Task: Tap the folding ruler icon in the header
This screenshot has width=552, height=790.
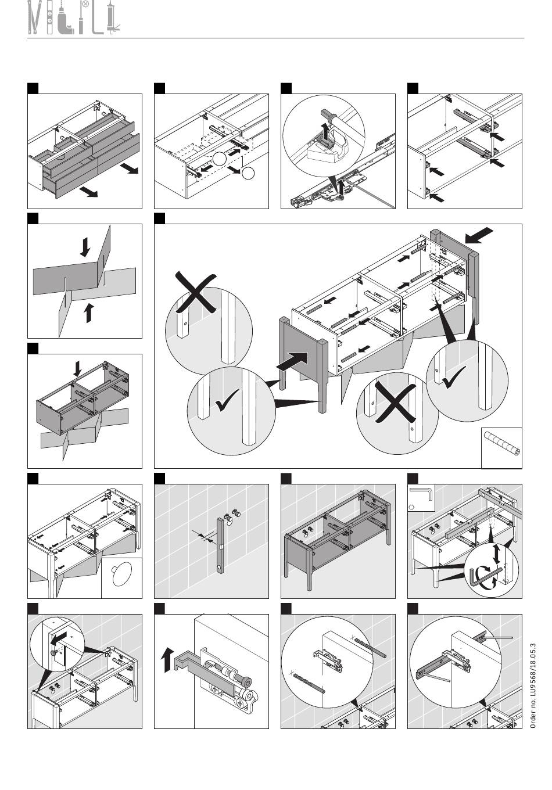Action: [x=34, y=17]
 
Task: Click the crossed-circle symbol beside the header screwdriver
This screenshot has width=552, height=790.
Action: [x=85, y=5]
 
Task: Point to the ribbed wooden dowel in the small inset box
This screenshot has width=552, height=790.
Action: [x=502, y=444]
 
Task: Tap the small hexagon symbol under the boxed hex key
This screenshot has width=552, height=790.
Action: [x=411, y=508]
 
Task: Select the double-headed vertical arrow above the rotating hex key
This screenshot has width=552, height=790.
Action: [x=497, y=554]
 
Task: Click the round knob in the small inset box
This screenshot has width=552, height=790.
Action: [x=121, y=573]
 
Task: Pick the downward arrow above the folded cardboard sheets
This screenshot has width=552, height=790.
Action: [x=85, y=247]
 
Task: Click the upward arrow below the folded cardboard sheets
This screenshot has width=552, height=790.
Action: [x=88, y=312]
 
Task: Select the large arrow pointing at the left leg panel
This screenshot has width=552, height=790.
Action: [x=292, y=361]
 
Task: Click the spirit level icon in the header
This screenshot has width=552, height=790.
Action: [x=49, y=17]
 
